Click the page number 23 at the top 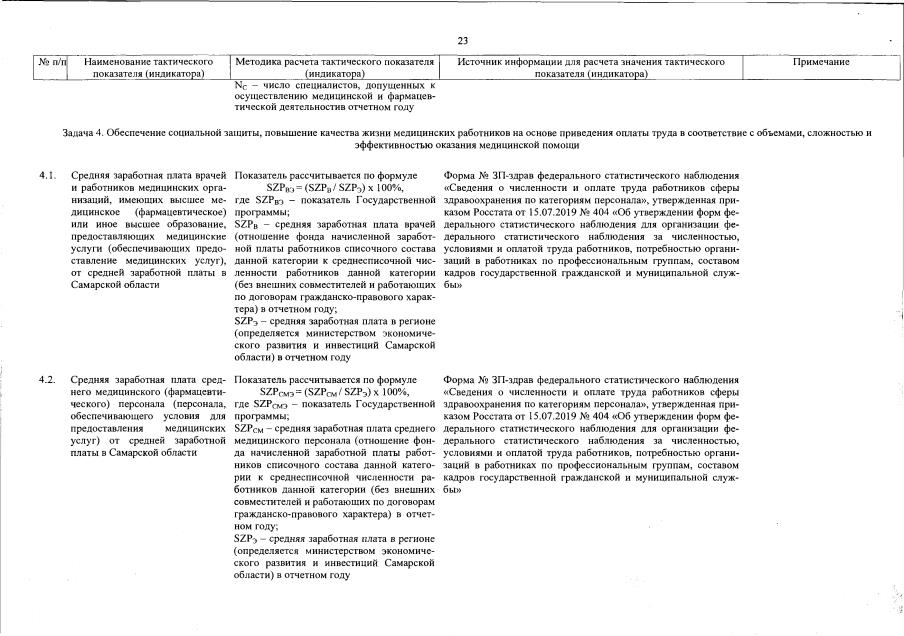[463, 40]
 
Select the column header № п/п [51, 62]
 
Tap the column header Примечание [821, 62]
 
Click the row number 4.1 [46, 175]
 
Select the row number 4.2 [46, 381]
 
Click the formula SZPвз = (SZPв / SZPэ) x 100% [335, 188]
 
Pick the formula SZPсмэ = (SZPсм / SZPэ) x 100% [335, 393]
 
